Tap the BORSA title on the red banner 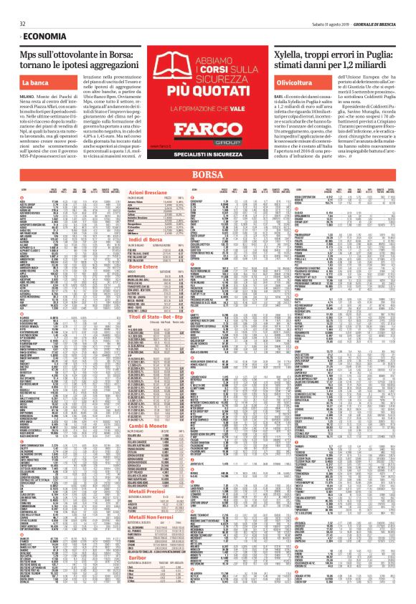[207, 176]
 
